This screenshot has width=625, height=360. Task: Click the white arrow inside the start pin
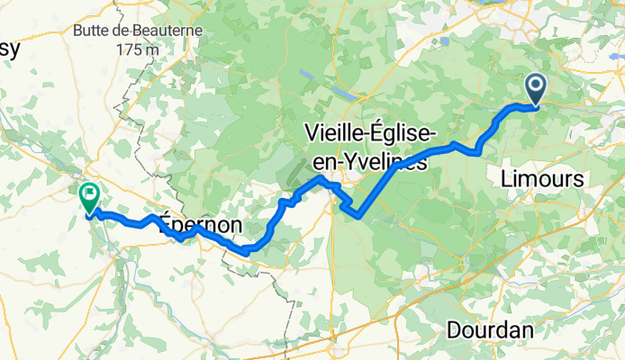[535, 86]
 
